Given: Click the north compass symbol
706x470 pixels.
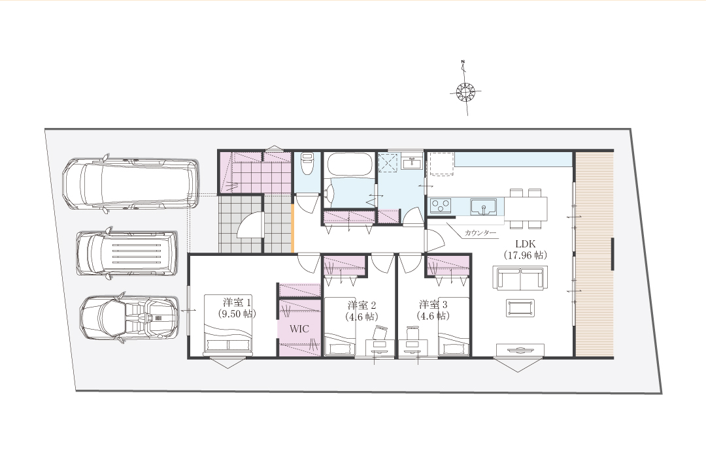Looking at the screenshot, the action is click(x=465, y=92).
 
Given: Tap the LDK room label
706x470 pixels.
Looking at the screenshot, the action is click(x=526, y=243).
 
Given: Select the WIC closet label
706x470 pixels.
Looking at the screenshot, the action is click(x=299, y=329).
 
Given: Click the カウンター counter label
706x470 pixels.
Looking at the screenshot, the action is click(x=480, y=233).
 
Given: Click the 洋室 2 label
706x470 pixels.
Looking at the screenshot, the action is click(x=362, y=304).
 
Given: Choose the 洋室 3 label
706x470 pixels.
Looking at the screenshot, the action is click(x=433, y=304).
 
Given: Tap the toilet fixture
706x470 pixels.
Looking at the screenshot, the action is click(x=307, y=163).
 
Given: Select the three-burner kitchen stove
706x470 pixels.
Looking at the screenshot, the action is click(x=441, y=206).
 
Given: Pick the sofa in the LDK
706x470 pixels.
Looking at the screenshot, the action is click(x=520, y=278).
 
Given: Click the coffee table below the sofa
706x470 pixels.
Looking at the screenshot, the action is click(x=520, y=308).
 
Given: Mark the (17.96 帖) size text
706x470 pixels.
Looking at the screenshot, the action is click(x=525, y=255).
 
